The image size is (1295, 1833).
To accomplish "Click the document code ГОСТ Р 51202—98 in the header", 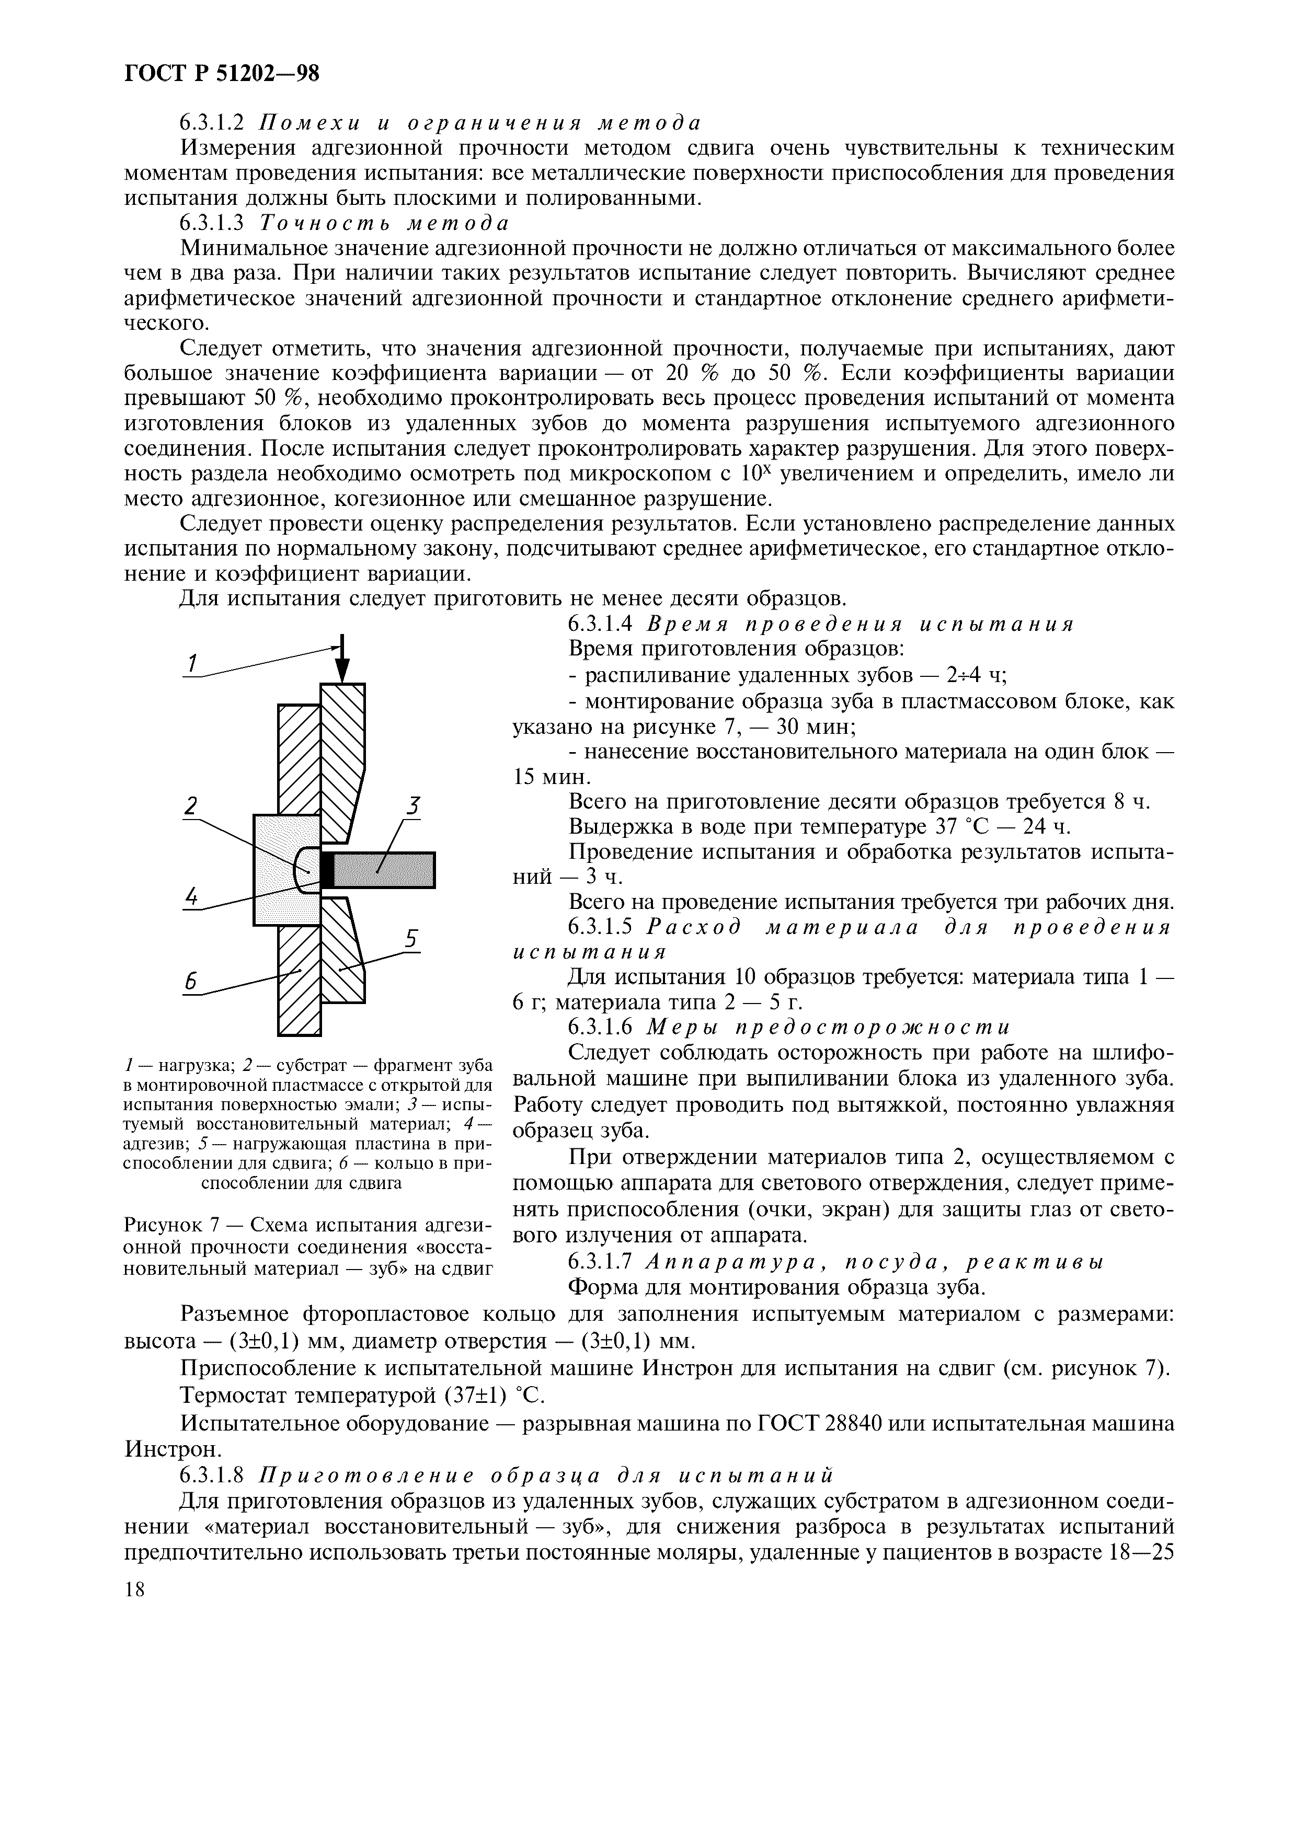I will pyautogui.click(x=222, y=74).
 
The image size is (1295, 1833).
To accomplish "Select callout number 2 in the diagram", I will pyautogui.click(x=190, y=806).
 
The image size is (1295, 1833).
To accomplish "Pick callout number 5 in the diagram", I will pyautogui.click(x=410, y=940).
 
